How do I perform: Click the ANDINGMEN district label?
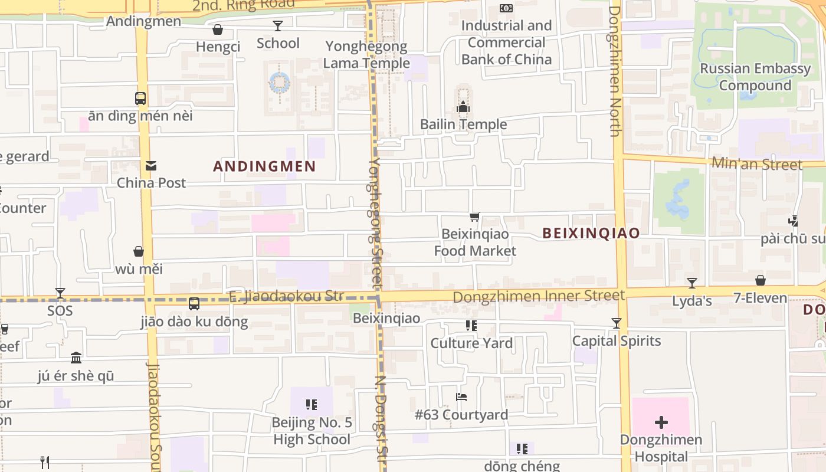(x=264, y=166)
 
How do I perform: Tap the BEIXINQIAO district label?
(x=591, y=233)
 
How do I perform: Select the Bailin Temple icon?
(x=463, y=107)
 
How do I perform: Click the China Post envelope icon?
(x=151, y=166)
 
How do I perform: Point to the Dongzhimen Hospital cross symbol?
(x=661, y=422)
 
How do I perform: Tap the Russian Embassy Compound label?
(x=755, y=77)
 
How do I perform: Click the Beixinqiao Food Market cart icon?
(x=475, y=217)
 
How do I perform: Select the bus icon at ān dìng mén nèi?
(x=140, y=99)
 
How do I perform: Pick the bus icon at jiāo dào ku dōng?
(x=194, y=304)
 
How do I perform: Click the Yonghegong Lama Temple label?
(x=366, y=55)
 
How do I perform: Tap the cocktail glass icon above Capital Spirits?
(x=617, y=323)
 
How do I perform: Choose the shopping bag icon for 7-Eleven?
(x=761, y=280)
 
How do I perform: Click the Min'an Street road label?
(x=757, y=164)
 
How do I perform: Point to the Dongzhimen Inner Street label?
(x=539, y=296)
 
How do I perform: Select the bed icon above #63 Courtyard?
(x=461, y=397)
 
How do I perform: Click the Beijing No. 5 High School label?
(x=312, y=431)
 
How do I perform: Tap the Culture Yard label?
(x=471, y=343)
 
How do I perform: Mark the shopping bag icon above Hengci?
(x=218, y=29)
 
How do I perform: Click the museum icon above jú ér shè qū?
(x=76, y=358)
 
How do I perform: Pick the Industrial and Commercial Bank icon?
(x=506, y=8)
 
